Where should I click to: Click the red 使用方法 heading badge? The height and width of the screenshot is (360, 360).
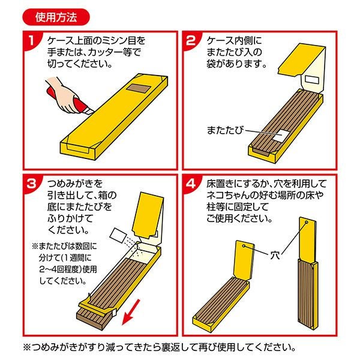point(56,17)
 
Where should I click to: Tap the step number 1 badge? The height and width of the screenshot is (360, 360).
point(32,41)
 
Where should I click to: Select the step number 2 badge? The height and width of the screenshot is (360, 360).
point(191,41)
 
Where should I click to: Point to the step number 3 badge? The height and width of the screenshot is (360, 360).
point(32,184)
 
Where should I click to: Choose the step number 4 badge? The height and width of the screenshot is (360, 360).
point(191,184)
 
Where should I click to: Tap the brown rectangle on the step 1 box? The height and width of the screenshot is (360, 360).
point(138,88)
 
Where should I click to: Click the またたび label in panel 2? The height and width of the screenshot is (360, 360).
point(224,130)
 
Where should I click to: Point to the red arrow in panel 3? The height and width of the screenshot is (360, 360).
point(131,312)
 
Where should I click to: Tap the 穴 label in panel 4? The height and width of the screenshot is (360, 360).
point(275,255)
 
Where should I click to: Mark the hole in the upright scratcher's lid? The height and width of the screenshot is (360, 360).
point(306,223)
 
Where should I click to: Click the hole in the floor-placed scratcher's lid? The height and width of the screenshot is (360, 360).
point(244,246)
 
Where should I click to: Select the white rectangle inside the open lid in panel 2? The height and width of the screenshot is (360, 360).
point(312,80)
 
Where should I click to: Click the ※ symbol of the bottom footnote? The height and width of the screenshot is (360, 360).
point(28,347)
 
